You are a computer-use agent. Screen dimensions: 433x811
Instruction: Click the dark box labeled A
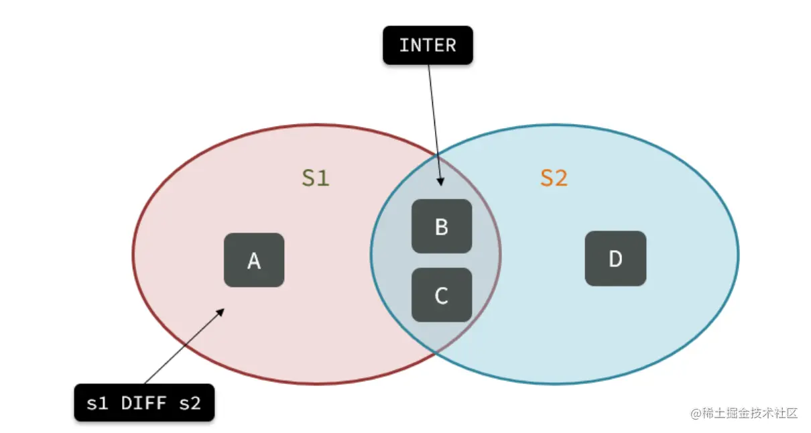pos(254,260)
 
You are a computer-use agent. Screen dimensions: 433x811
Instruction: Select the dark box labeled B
pos(442,227)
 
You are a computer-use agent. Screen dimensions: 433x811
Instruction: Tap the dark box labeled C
pos(442,295)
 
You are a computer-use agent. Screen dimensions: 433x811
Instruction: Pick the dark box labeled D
pos(615,259)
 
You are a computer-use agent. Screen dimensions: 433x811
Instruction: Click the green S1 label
pos(315,178)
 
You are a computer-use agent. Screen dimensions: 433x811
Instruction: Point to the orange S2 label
pos(554,178)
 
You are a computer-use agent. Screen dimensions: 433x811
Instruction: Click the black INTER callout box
pos(428,46)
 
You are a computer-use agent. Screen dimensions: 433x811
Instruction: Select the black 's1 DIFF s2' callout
pos(144,403)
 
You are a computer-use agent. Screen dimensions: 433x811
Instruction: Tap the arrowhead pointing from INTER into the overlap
pos(440,182)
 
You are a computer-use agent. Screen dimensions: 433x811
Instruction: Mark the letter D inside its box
pos(615,259)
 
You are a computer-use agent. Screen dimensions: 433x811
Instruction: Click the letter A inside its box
pos(254,261)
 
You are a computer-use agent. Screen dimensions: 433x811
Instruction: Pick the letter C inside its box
pos(442,296)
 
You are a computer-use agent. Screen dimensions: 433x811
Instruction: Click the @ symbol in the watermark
pos(696,414)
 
